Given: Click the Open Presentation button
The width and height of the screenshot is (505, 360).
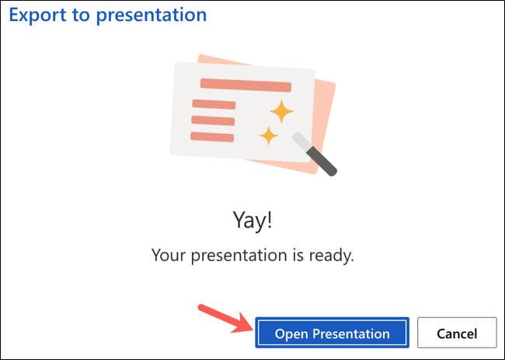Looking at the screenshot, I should [x=332, y=334].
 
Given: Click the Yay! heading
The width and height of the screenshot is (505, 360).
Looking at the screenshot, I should [x=252, y=221].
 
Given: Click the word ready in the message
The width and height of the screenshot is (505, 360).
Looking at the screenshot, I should [x=332, y=255].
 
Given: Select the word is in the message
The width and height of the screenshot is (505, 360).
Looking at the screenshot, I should [x=301, y=255].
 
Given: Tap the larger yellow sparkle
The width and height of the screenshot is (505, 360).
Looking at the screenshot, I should [x=280, y=111].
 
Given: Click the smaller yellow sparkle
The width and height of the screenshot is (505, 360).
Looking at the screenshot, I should [x=269, y=135].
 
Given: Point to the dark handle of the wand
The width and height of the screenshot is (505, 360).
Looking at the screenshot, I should [x=325, y=161].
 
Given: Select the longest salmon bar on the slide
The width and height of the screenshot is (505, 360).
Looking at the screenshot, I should [x=245, y=85].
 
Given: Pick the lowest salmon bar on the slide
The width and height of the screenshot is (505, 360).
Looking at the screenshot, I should [x=212, y=137].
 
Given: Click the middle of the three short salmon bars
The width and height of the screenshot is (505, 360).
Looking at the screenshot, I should [x=213, y=121].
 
